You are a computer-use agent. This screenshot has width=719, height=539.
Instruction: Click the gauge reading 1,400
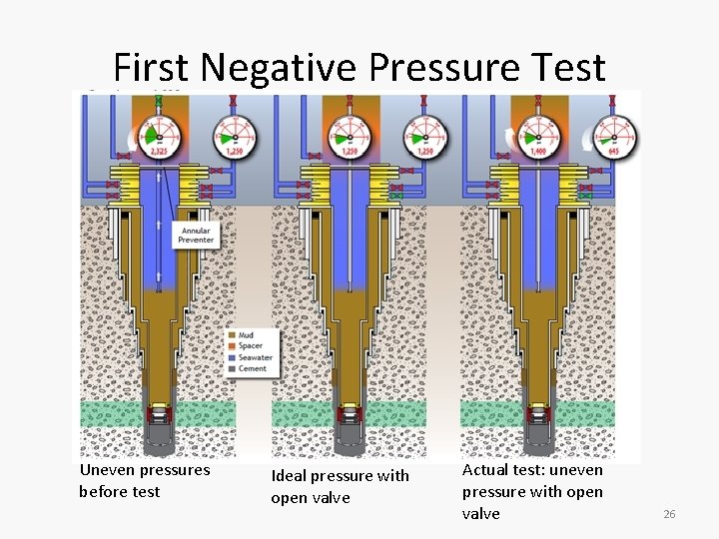click(537, 135)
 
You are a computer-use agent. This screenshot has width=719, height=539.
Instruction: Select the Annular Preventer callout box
click(195, 235)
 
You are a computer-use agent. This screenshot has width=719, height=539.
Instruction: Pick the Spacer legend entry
click(251, 345)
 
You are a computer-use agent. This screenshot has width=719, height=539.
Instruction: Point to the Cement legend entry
click(251, 367)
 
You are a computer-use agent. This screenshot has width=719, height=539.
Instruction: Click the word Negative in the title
click(277, 68)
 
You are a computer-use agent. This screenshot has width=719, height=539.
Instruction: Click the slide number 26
click(670, 513)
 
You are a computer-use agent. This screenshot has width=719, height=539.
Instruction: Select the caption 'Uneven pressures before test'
click(145, 480)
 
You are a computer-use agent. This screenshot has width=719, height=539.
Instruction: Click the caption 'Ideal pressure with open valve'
click(340, 486)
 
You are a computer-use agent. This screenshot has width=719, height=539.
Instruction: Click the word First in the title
click(150, 68)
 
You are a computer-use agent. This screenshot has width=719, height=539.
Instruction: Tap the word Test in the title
click(569, 68)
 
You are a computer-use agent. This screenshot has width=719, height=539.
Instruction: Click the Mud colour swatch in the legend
click(233, 334)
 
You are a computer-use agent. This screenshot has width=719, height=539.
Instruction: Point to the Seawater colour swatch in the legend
click(233, 356)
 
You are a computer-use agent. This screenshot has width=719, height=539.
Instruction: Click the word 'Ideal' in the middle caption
click(289, 475)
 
